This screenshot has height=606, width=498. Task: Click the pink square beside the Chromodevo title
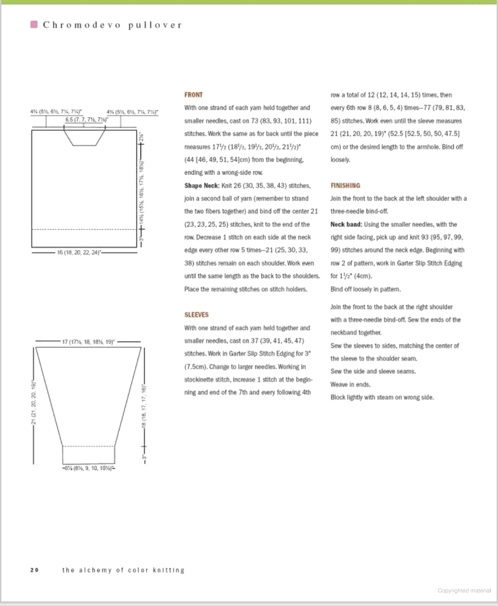coord(34,24)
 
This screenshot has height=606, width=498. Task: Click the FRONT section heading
coord(193,95)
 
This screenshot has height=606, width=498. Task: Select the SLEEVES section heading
coord(196,315)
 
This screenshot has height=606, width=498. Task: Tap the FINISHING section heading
coord(345,185)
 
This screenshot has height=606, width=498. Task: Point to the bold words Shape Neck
coord(202,185)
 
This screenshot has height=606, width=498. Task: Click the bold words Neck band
coord(346,224)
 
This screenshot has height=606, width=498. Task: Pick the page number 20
coord(34,570)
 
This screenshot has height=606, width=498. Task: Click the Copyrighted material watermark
coord(464,590)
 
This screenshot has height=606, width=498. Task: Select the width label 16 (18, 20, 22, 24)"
coord(79,253)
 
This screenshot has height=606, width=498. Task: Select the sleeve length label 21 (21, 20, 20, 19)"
coord(33,402)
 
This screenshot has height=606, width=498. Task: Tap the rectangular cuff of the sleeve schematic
coord(88,455)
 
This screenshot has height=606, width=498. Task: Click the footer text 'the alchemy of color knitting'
coord(123,570)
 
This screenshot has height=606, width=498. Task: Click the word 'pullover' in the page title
coord(155,25)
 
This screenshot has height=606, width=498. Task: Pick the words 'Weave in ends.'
coord(350,384)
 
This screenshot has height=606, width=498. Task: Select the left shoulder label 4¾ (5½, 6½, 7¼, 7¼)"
coord(56,112)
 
